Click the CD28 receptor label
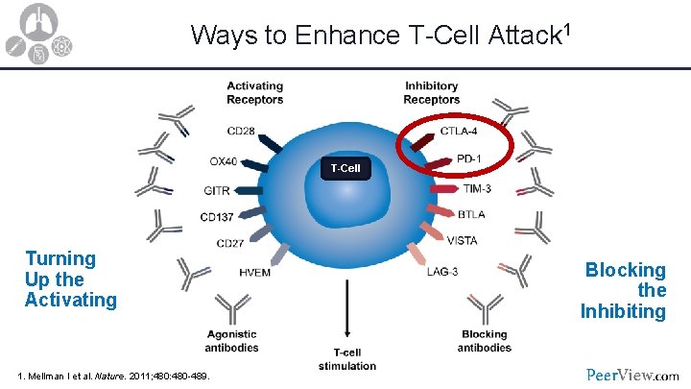pos(241,132)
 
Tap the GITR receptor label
pos(216,189)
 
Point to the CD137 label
pos(219,216)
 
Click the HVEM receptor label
pos(254,272)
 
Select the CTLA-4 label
pos(460,131)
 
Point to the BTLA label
pos(472,215)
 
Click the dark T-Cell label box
pos(345,169)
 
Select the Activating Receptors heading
pos(254,92)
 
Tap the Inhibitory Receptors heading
pos(431,92)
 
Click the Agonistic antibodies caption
pos(231,341)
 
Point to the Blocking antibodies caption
pos(484,341)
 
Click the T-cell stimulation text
pos(346,359)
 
